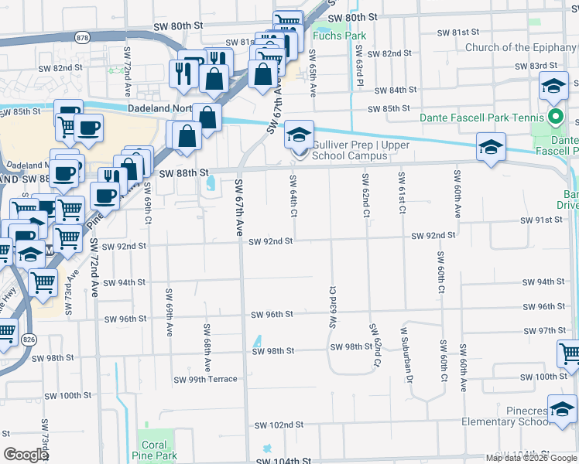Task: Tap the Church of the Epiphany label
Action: click(521, 48)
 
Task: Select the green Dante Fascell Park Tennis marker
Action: click(555, 118)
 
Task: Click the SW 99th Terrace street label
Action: click(205, 380)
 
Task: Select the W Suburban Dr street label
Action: click(403, 353)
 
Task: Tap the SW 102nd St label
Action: click(276, 425)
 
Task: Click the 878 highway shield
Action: click(81, 36)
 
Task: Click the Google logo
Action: click(26, 455)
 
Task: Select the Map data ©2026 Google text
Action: click(530, 458)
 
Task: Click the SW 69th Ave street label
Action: click(169, 312)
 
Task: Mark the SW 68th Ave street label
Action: click(207, 346)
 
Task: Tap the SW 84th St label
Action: click(393, 90)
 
